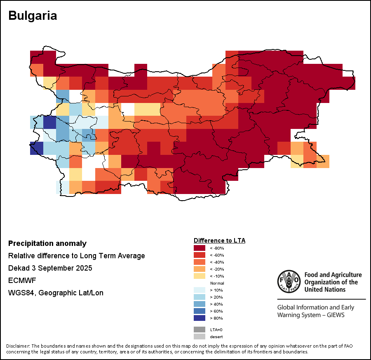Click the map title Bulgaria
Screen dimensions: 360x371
tap(33, 16)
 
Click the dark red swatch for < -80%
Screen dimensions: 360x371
tap(200, 248)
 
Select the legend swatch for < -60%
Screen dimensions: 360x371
tap(200, 255)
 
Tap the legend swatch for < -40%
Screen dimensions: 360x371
tap(200, 262)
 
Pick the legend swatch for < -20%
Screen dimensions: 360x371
tap(200, 269)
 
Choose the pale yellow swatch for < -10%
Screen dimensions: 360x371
tap(200, 276)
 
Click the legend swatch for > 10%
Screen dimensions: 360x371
tap(200, 290)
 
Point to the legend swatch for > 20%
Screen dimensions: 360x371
tap(200, 297)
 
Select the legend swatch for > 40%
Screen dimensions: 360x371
tap(200, 304)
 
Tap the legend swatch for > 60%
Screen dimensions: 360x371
tap(200, 311)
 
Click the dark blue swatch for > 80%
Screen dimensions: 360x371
tap(200, 318)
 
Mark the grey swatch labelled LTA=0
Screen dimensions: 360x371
tap(200, 330)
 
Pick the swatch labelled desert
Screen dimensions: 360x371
tap(200, 337)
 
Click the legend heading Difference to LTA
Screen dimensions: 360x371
tap(219, 240)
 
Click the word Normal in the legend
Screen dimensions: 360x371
tap(217, 283)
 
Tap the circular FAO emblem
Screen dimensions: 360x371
tap(289, 282)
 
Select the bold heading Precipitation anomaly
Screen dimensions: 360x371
tap(47, 243)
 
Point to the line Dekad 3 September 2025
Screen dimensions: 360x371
tap(50, 268)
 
